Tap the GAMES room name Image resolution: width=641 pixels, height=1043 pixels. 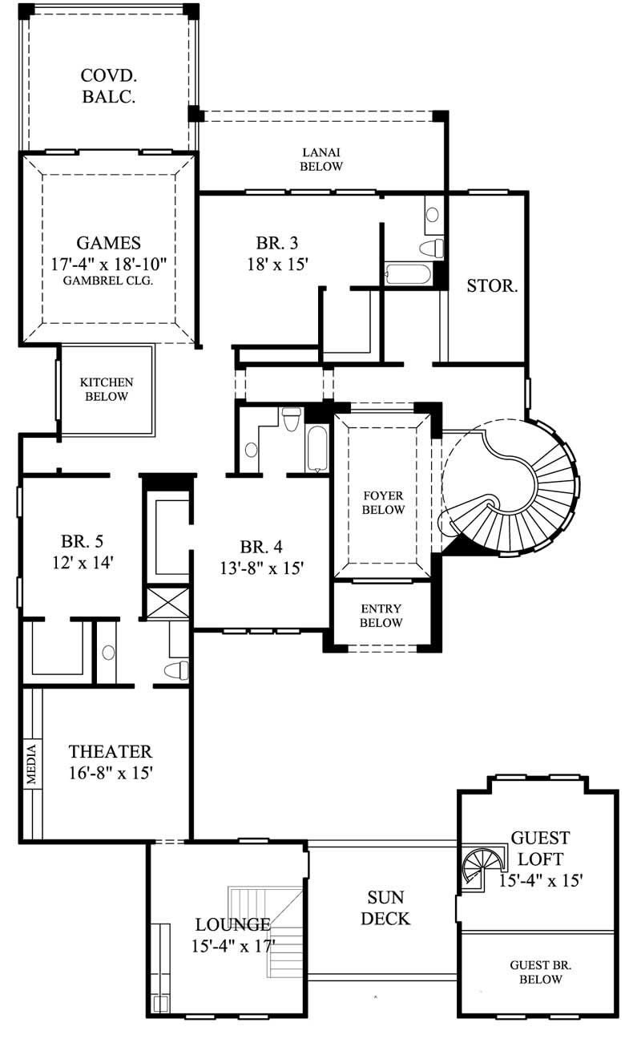(109, 243)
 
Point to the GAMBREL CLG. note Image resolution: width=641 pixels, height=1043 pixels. (109, 281)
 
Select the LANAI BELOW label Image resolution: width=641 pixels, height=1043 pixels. (322, 159)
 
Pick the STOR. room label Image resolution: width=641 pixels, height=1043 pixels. (492, 285)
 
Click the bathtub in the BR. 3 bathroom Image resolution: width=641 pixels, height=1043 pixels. (409, 275)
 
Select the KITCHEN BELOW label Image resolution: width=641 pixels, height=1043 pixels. (107, 390)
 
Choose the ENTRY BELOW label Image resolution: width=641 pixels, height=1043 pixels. (381, 616)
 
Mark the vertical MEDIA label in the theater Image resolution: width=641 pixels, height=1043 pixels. (31, 765)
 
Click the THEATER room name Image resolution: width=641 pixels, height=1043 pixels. (111, 752)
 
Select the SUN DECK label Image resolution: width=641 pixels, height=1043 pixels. (385, 908)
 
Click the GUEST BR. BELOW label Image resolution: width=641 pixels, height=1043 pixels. (540, 972)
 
